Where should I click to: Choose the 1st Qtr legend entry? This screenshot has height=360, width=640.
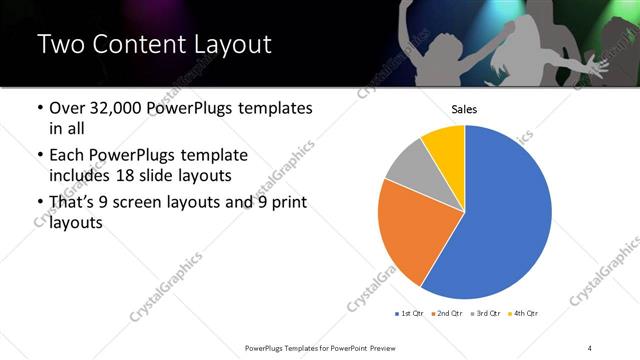410,313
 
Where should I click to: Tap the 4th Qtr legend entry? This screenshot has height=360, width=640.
524,313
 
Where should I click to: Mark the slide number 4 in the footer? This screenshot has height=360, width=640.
590,347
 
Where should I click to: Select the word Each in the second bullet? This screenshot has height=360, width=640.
66,155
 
